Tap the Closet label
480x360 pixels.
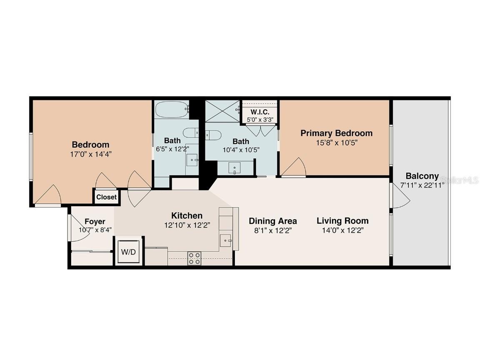click(107, 197)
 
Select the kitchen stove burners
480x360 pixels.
click(194, 258)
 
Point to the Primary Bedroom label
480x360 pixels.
click(336, 133)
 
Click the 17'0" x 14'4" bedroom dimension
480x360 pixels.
click(90, 154)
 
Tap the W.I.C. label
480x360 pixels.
click(260, 112)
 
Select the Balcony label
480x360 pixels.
click(422, 176)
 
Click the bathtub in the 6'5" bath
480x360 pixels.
click(171, 110)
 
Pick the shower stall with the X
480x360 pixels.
click(222, 111)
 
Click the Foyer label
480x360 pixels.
click(95, 221)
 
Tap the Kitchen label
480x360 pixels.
click(187, 215)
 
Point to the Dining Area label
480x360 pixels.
click(272, 221)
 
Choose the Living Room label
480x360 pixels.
click(342, 221)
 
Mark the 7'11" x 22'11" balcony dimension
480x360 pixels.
click(422, 185)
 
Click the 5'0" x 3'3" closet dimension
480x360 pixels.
click(260, 119)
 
